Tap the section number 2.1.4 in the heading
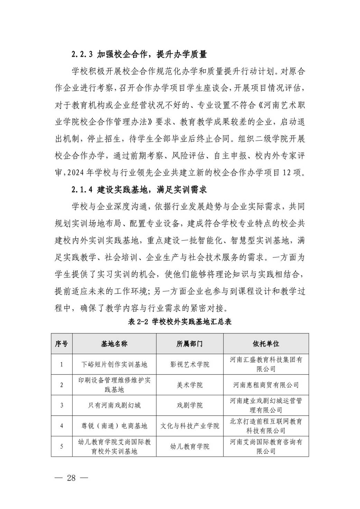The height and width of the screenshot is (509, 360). [82, 189]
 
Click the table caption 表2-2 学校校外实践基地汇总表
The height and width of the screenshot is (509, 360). [179, 322]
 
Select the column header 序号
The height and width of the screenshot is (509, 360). [62, 344]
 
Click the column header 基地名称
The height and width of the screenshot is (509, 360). [114, 344]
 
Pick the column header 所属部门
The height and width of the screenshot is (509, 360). [190, 344]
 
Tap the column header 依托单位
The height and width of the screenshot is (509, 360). [266, 344]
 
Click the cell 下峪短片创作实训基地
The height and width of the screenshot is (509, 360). [114, 364]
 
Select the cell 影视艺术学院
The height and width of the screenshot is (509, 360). [190, 364]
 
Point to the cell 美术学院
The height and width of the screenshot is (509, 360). [190, 385]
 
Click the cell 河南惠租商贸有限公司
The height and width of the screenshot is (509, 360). [266, 385]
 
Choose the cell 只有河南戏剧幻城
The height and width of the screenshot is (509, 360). [114, 405]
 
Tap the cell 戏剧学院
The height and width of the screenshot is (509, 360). [190, 405]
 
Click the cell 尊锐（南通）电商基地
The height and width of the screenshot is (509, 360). [114, 426]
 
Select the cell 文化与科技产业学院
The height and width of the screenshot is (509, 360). [190, 426]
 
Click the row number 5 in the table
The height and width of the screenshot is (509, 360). [62, 446]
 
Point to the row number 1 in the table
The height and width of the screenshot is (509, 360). [62, 364]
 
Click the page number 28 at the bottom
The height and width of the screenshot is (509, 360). [71, 478]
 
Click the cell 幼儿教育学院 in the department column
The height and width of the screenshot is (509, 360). [190, 446]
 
